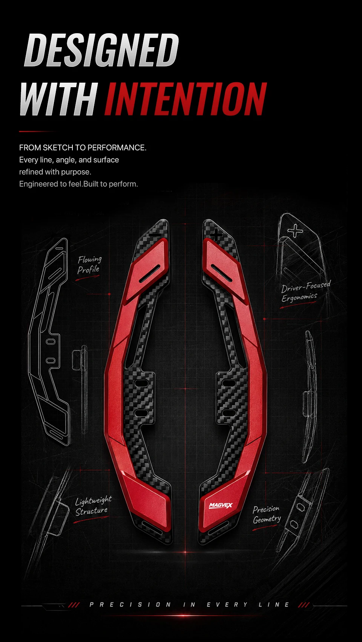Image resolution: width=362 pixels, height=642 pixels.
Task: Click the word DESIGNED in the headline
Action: pyautogui.click(x=101, y=50)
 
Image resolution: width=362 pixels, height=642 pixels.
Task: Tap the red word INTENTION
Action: pyautogui.click(x=186, y=99)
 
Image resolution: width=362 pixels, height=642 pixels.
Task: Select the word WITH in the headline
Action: pyautogui.click(x=59, y=99)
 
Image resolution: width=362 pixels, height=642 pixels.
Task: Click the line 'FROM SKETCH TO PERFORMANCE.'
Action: pyautogui.click(x=83, y=148)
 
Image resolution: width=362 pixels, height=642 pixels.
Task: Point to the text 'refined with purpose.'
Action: pyautogui.click(x=55, y=172)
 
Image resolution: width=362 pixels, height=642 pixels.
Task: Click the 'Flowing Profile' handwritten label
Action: pyautogui.click(x=89, y=265)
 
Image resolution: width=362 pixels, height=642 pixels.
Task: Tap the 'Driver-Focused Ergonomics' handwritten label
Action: pyautogui.click(x=306, y=291)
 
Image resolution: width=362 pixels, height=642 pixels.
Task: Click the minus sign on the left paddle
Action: pyautogui.click(x=156, y=235)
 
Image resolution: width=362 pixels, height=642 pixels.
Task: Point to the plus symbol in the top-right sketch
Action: pyautogui.click(x=295, y=231)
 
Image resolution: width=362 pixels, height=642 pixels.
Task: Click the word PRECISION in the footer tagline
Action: pyautogui.click(x=130, y=605)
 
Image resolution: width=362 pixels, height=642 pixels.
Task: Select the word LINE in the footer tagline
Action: pyautogui.click(x=274, y=605)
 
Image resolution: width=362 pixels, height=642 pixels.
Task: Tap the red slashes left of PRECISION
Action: pyautogui.click(x=74, y=605)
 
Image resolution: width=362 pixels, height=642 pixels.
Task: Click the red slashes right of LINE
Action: pyautogui.click(x=304, y=605)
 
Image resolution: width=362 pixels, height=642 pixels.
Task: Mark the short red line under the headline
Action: pyautogui.click(x=36, y=132)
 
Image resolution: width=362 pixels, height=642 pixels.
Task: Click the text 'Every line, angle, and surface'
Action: pyautogui.click(x=69, y=160)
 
